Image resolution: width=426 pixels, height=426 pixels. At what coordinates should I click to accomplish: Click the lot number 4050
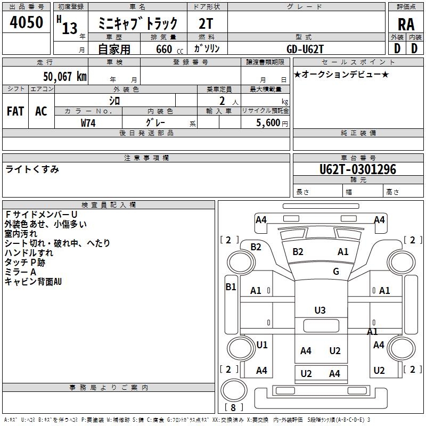27,23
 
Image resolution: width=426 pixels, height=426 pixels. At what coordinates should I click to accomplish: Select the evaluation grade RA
406,24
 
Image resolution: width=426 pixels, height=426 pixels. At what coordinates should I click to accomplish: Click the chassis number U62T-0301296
358,169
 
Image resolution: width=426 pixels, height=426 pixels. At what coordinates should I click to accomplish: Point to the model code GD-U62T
305,48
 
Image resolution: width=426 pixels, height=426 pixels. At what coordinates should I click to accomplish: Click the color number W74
88,122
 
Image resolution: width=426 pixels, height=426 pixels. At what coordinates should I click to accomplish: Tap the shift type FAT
15,111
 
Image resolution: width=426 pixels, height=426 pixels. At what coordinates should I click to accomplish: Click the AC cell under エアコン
41,111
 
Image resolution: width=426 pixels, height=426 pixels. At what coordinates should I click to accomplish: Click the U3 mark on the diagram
320,310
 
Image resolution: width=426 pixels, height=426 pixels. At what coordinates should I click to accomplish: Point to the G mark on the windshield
336,272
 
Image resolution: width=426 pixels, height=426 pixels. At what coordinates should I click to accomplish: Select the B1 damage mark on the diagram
231,286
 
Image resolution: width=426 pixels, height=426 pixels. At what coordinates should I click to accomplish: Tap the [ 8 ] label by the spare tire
233,407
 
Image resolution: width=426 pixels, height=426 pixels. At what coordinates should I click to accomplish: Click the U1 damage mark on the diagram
262,345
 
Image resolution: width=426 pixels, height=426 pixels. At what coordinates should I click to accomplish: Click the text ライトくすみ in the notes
32,169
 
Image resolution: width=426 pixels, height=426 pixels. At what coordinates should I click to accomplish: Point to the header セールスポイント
344,62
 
